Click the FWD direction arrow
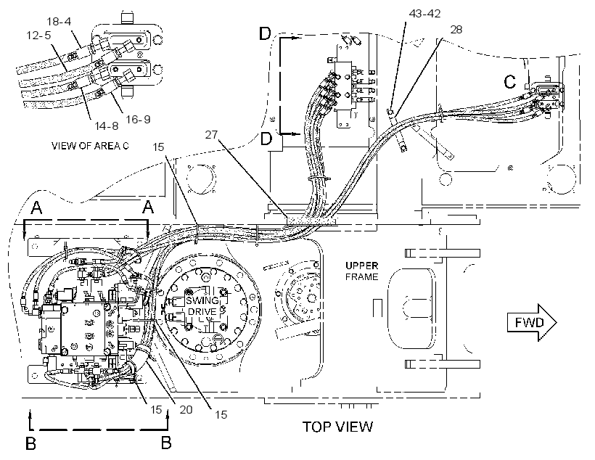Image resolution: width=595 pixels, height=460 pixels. [532, 323]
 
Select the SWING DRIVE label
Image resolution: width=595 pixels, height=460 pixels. [202, 306]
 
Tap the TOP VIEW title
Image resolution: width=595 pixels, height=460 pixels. [337, 427]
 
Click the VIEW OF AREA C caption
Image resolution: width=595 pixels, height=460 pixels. [90, 146]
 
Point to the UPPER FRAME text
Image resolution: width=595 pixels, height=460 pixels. [361, 271]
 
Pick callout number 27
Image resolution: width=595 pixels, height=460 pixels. [211, 134]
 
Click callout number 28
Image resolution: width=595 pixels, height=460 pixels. [456, 30]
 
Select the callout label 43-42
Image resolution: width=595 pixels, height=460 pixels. [424, 14]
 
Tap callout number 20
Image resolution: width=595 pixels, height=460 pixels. [186, 409]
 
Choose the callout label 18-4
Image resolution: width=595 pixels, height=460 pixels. [59, 21]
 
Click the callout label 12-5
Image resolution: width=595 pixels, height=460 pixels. [38, 36]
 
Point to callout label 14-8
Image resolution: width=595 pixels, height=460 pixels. [106, 126]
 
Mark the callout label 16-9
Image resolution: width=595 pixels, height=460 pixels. [138, 119]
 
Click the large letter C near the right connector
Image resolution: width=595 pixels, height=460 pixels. [509, 81]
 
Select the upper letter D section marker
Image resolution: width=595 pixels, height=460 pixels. [265, 34]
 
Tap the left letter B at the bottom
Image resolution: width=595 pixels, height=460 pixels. [30, 443]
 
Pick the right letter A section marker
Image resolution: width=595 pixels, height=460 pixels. [148, 208]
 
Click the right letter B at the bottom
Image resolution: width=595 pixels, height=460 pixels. [166, 443]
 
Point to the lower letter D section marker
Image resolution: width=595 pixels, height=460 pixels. [266, 139]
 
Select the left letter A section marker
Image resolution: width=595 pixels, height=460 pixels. [36, 208]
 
